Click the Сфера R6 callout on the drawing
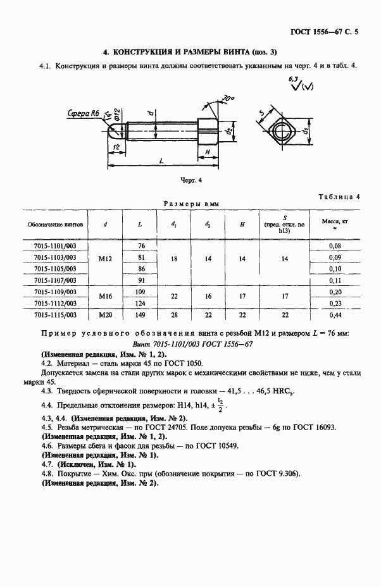pos(82,113)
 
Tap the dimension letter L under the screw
pos(161,163)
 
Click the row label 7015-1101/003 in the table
pos(55,245)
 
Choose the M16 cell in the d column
pos(105,297)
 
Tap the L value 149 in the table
pos(141,314)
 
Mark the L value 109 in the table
pos(141,292)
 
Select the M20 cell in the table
pos(105,314)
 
